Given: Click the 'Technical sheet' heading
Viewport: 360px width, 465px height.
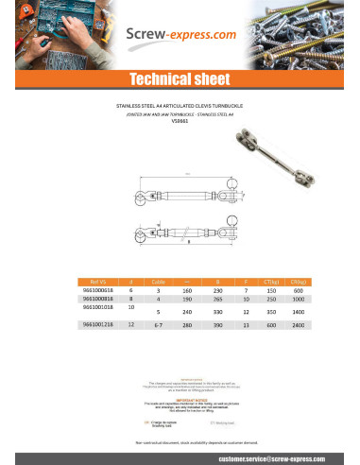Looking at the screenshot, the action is (x=180, y=78).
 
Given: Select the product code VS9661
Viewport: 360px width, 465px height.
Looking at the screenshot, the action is (x=180, y=121).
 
